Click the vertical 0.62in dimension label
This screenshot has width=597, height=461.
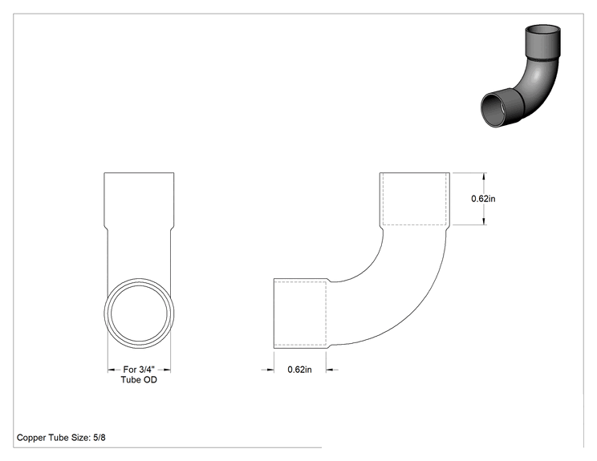click(483, 199)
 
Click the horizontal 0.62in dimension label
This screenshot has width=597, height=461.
click(299, 370)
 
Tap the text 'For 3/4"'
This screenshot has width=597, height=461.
click(139, 370)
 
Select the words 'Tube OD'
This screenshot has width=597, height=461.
click(139, 379)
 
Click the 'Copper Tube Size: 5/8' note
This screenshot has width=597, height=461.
click(61, 438)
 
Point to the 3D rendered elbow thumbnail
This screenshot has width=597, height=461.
click(521, 76)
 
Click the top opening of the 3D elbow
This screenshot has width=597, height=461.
click(543, 30)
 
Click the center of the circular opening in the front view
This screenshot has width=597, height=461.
click(140, 313)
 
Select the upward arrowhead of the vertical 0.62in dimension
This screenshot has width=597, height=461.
click(484, 176)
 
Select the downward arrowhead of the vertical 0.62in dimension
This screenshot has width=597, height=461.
click(484, 221)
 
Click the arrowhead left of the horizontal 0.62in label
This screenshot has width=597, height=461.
click(270, 370)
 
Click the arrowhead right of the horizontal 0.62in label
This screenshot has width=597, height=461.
click(331, 370)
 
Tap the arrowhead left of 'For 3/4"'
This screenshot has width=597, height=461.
click(112, 370)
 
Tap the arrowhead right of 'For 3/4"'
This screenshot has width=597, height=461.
click(166, 370)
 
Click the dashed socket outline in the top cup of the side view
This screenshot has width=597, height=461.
click(414, 224)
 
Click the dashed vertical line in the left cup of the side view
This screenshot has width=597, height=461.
click(327, 313)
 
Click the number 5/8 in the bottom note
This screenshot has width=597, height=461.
click(99, 438)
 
